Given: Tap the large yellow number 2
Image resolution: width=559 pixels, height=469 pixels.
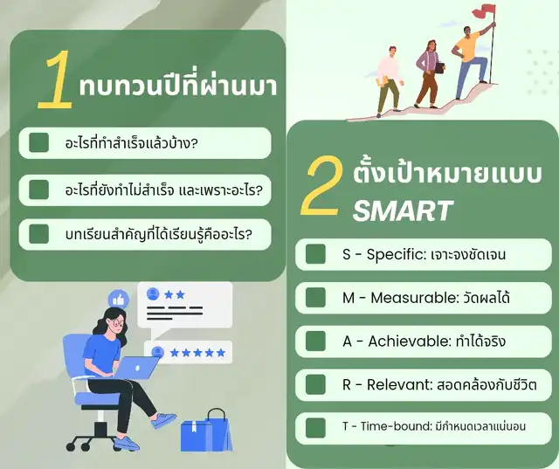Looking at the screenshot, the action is pos(322,186).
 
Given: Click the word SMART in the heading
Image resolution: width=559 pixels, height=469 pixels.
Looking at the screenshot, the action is pos(403,210).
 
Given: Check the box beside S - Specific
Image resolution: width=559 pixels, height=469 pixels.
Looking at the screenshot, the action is pos(315,254).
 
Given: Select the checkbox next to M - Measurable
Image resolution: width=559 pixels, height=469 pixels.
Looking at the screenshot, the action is pos(315,298).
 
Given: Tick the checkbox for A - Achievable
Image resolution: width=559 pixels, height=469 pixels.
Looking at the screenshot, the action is pos(315,341).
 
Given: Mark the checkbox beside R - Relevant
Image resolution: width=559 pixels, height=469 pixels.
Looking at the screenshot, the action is pos(315,384).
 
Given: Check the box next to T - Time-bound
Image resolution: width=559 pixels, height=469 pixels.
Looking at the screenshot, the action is pos(315,428).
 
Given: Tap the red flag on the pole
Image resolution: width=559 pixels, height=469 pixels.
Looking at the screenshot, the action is pos(482,11).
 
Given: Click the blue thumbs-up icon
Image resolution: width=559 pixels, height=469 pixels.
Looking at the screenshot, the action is pos(119,300).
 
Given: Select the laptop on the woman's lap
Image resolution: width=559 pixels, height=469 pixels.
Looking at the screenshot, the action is pos(136,368).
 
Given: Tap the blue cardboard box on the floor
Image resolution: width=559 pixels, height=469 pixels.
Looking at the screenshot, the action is pos(195,436).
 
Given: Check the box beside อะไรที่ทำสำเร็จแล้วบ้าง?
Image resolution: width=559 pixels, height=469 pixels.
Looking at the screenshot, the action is pos(38,142).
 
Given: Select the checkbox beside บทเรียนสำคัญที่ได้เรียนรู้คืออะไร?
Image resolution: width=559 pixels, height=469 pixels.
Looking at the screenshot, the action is pos(38,234).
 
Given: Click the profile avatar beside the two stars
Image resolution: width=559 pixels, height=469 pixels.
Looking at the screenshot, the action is pos(153,294).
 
